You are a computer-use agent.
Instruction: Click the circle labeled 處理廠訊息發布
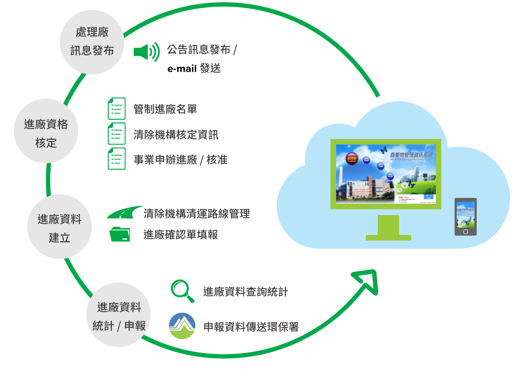pyautogui.click(x=92, y=42)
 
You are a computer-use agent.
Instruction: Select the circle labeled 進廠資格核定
pyautogui.click(x=46, y=131)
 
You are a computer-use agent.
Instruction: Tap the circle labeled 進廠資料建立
pyautogui.click(x=59, y=227)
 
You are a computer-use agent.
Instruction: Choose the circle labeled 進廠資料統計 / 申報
pyautogui.click(x=119, y=315)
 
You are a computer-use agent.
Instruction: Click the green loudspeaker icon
pyautogui.click(x=146, y=52)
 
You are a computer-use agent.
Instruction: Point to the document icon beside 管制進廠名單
pyautogui.click(x=117, y=109)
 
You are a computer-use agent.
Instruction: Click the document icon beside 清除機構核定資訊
pyautogui.click(x=117, y=134)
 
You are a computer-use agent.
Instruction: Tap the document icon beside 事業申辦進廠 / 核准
pyautogui.click(x=117, y=159)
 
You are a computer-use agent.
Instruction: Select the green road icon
pyautogui.click(x=124, y=213)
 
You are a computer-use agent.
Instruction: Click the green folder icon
pyautogui.click(x=120, y=234)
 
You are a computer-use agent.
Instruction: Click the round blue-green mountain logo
pyautogui.click(x=182, y=326)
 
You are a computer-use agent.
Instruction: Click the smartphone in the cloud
pyautogui.click(x=465, y=217)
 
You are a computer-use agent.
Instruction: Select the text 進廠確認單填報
pyautogui.click(x=181, y=235)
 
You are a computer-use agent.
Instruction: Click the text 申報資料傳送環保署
pyautogui.click(x=251, y=327)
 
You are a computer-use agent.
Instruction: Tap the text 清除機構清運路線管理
pyautogui.click(x=197, y=214)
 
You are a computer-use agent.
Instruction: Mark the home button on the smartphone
pyautogui.click(x=465, y=232)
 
